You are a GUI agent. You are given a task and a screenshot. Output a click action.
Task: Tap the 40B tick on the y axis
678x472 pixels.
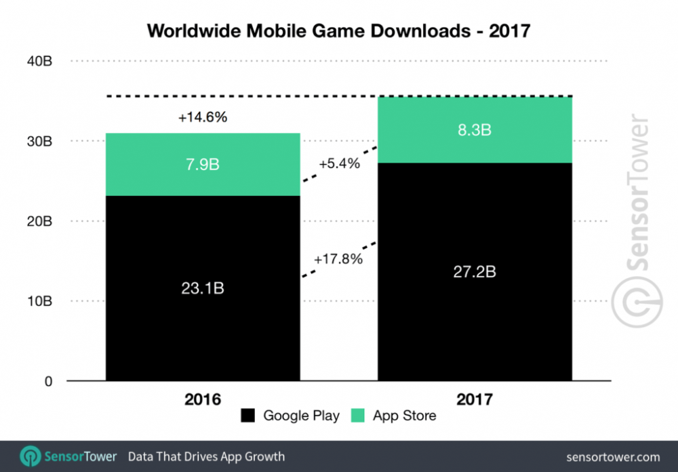click(x=39, y=62)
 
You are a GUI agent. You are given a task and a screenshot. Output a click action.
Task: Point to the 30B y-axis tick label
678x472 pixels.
click(x=39, y=142)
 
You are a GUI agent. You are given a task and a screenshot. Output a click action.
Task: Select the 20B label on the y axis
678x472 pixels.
click(x=39, y=221)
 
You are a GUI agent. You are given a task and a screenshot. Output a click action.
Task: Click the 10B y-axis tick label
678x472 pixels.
click(x=39, y=301)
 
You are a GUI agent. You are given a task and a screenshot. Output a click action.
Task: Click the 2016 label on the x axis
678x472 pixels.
click(x=202, y=399)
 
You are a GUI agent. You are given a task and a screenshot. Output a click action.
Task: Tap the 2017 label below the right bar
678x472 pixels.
click(x=474, y=399)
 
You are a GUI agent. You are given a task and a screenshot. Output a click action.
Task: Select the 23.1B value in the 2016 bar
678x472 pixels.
click(x=203, y=288)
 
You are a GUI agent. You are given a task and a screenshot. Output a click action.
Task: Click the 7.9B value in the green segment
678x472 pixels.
click(x=203, y=165)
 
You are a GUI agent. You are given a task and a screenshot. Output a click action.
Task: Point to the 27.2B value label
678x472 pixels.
click(x=475, y=272)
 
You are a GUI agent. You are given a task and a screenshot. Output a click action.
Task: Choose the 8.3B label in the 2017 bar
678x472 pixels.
click(x=475, y=130)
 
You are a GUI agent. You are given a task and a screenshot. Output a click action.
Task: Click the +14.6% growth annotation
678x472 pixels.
click(x=203, y=117)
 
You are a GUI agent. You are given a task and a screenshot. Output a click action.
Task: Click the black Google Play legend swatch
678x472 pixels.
click(x=249, y=416)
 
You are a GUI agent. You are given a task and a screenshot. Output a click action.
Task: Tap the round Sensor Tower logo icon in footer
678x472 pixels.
click(x=31, y=456)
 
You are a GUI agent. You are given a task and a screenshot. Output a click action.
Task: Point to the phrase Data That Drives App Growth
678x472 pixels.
click(x=207, y=456)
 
